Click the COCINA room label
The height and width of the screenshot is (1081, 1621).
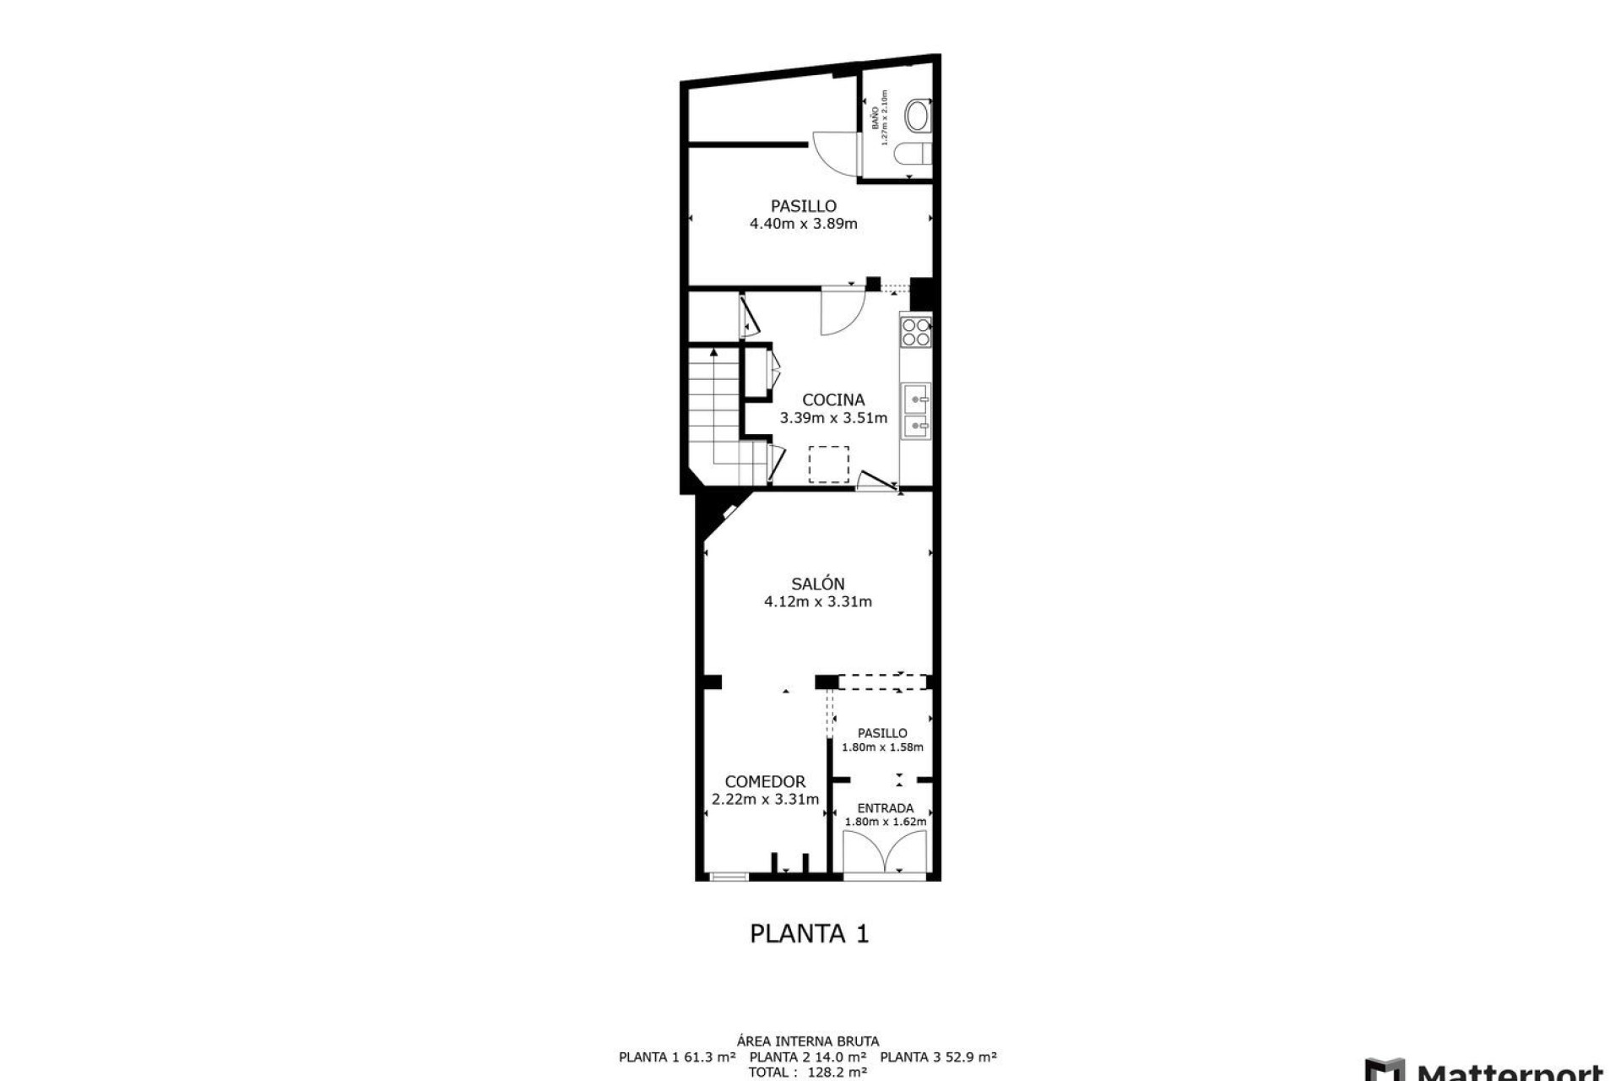(832, 399)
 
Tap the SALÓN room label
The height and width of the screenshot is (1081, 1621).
(817, 584)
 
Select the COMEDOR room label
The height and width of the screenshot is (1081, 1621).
(765, 782)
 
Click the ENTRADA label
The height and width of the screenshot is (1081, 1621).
(885, 808)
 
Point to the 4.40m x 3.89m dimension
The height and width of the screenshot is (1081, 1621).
(803, 224)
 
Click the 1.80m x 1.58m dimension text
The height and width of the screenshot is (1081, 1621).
(882, 747)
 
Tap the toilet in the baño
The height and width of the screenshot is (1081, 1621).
(917, 117)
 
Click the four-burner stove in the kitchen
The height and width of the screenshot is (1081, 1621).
(915, 332)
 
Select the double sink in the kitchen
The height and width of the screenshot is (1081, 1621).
(916, 412)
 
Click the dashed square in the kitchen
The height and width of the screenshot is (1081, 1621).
(829, 464)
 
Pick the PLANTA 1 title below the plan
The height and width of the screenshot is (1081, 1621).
(809, 933)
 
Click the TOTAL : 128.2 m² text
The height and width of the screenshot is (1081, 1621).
(807, 1072)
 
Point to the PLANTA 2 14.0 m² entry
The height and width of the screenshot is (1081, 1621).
(807, 1057)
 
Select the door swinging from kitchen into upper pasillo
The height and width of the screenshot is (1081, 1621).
(842, 308)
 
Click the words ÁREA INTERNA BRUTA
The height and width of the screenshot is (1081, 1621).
(807, 1041)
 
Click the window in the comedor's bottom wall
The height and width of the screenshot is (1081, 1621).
(728, 877)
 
